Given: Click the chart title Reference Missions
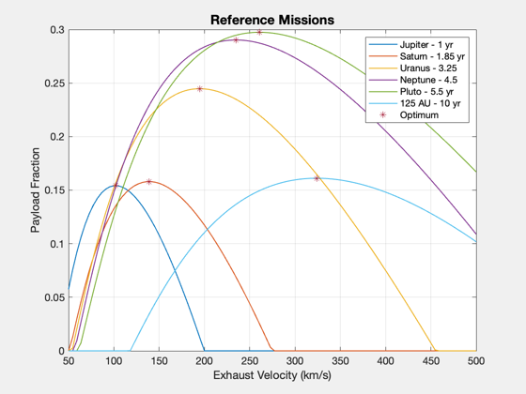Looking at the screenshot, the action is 272,20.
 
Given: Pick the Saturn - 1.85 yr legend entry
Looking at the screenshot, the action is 416,56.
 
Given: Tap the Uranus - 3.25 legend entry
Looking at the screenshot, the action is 412,68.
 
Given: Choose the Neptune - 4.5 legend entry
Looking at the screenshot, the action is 413,80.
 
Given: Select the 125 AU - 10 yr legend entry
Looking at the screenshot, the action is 414,103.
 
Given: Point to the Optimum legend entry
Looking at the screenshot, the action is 409,114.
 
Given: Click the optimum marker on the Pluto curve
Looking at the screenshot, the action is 259,32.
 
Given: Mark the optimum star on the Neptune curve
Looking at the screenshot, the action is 236,40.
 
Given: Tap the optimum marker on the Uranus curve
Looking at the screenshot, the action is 199,89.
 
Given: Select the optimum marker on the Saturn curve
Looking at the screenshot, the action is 149,182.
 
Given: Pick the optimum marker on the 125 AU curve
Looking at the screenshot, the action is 317,178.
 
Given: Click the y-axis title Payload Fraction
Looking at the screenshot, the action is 36,189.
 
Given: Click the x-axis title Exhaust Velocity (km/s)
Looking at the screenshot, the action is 272,375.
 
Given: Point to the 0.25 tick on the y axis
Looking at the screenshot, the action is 54,83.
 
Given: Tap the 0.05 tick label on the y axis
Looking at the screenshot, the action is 54,297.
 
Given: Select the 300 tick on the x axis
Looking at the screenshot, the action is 295,361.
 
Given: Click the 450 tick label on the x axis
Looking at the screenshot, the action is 431,361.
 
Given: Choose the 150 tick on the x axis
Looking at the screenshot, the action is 159,361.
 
